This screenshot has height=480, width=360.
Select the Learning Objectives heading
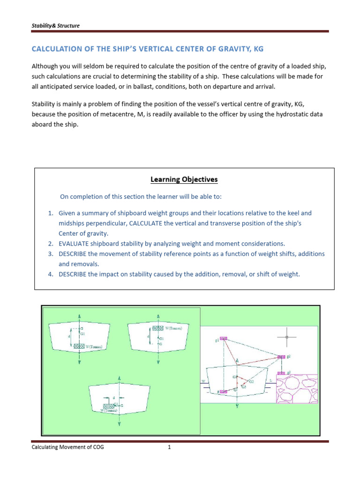[x=184, y=179]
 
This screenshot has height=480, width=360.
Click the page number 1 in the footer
[x=170, y=447]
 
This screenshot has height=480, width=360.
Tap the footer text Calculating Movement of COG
[x=68, y=447]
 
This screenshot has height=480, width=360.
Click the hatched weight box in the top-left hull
[x=79, y=346]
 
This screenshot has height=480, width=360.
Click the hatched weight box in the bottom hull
[x=109, y=406]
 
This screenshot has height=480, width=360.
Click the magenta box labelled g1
[x=224, y=338]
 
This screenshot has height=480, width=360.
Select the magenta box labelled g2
[x=281, y=357]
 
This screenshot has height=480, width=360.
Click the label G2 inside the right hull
[x=251, y=382]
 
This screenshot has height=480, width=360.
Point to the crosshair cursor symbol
[x=287, y=337]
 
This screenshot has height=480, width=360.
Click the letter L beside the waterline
[x=270, y=381]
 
